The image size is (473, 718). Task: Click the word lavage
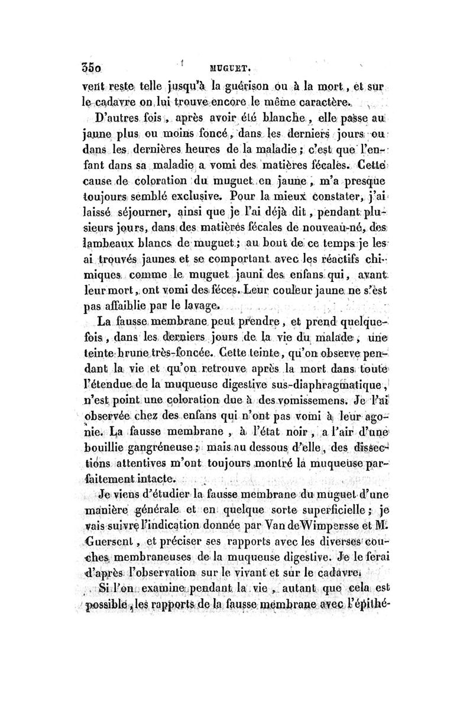point(201,306)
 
